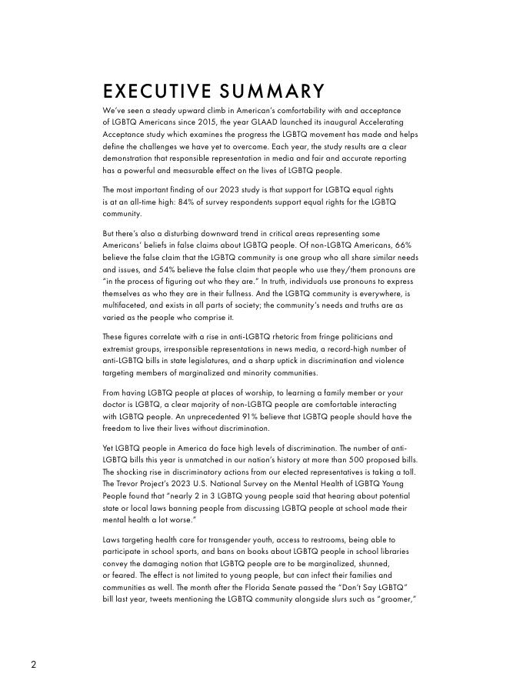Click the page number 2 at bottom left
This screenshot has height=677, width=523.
[34, 664]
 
